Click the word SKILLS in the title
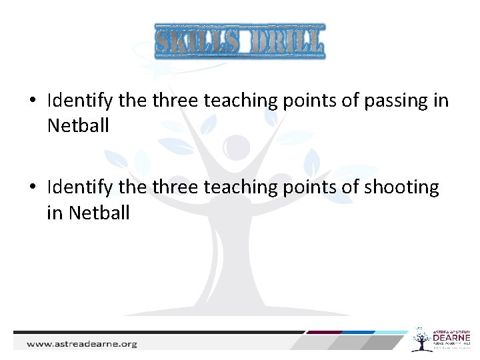197,41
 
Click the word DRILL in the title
283,41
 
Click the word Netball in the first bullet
78,125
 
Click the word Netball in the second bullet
99,213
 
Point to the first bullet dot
32,102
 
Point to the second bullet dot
32,189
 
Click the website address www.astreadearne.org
81,344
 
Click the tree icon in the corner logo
421,339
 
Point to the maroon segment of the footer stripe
325,332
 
